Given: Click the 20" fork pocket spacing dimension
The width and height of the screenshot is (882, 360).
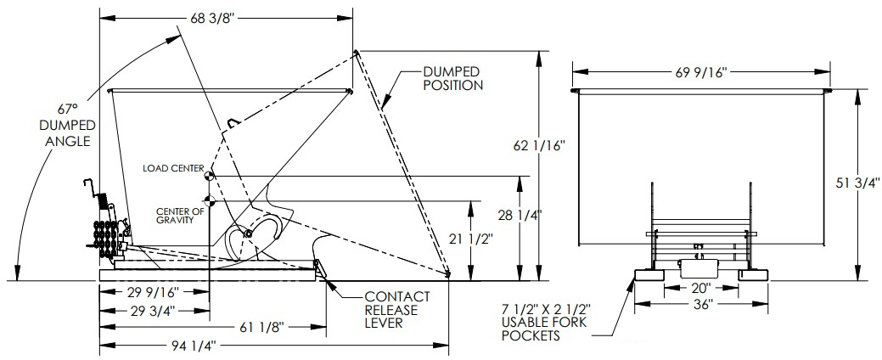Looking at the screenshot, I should [x=699, y=287].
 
